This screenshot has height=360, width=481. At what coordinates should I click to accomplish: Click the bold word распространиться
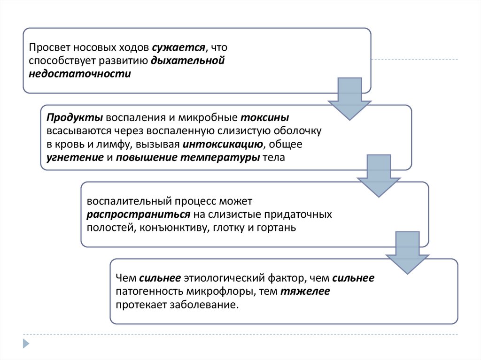click(x=138, y=214)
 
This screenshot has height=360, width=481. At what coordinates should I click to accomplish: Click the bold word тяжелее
click(x=305, y=291)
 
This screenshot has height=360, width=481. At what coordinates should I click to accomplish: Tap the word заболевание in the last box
click(x=207, y=305)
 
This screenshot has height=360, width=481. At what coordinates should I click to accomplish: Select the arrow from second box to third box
click(x=379, y=177)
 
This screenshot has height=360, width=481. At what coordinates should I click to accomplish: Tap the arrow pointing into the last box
click(x=407, y=253)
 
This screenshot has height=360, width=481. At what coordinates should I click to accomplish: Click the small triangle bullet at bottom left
click(x=26, y=343)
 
